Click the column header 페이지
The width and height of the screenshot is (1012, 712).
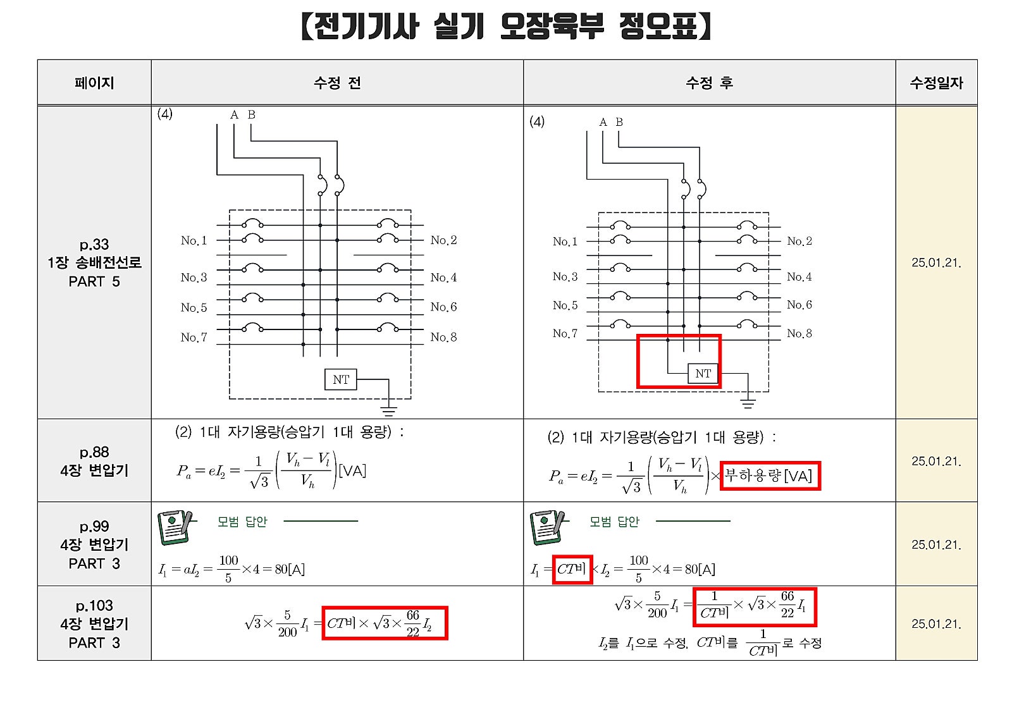[94, 83]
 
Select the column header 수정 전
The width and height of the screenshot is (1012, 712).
[337, 83]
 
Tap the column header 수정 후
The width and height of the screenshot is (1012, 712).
[709, 83]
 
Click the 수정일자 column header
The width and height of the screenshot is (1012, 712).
[936, 83]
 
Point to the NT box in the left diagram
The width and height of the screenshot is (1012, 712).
[341, 379]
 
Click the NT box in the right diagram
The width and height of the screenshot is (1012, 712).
[703, 374]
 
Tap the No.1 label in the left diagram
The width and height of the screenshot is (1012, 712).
[194, 240]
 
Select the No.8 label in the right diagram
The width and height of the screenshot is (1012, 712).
[799, 333]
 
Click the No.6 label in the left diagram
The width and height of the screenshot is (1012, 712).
[443, 307]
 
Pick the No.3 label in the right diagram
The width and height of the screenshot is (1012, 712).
[565, 276]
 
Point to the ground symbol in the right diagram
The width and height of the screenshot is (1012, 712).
[748, 403]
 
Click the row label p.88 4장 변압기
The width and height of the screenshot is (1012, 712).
[94, 461]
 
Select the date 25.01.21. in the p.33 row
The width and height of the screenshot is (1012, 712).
[936, 262]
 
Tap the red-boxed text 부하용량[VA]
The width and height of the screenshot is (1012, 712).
[769, 476]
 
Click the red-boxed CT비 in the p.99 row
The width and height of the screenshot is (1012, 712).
[572, 569]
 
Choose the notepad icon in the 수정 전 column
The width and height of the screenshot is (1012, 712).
[174, 527]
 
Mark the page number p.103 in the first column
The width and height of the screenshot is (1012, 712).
[94, 606]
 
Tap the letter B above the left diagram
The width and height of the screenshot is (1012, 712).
[252, 114]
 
